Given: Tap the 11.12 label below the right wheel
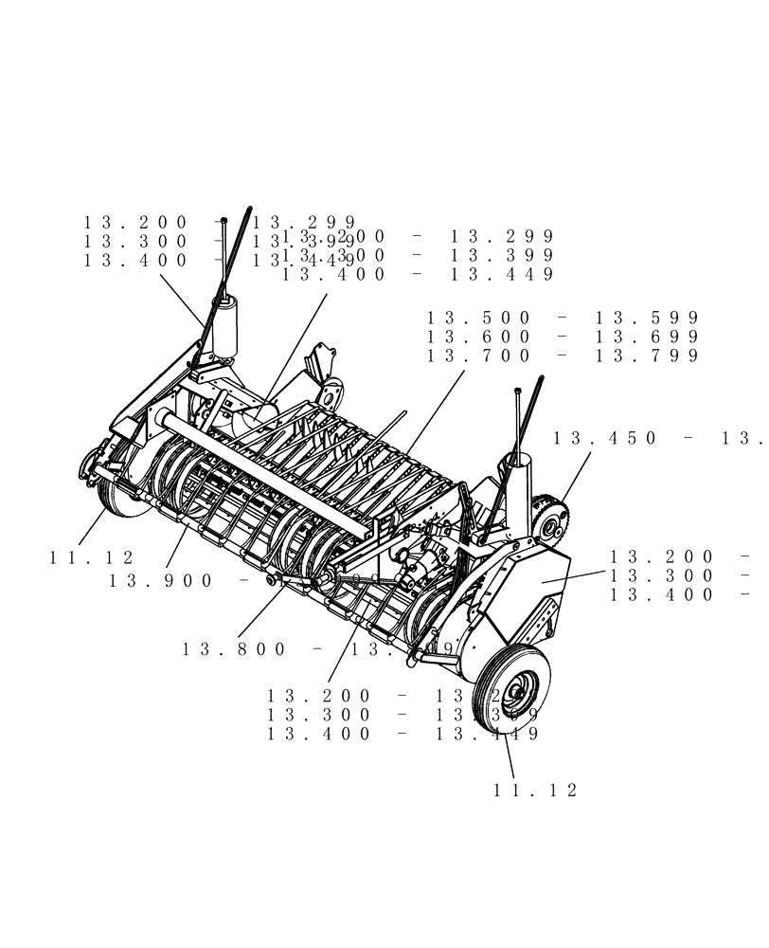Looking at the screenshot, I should tap(534, 790).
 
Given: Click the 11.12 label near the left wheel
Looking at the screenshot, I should tap(91, 558).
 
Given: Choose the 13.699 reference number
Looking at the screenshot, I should tap(646, 337).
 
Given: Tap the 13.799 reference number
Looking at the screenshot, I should tap(646, 355).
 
